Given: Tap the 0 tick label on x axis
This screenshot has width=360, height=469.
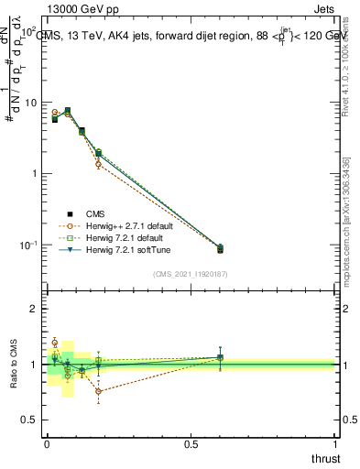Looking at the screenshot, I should tap(46, 445).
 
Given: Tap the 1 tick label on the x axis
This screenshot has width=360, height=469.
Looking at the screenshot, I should tap(335, 445).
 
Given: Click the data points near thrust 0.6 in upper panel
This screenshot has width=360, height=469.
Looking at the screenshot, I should tap(219, 248).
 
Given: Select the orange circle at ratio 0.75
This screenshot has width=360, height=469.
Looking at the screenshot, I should tap(98, 391).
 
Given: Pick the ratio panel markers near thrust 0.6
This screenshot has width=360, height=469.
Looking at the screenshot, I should tap(219, 357).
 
